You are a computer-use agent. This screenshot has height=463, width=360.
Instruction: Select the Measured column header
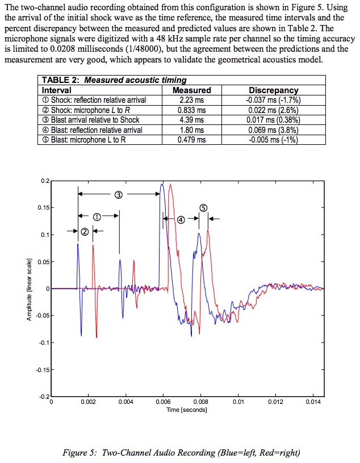point(191,90)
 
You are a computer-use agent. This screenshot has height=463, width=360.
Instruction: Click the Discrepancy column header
point(274,90)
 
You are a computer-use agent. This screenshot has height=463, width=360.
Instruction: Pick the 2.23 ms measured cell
point(191,99)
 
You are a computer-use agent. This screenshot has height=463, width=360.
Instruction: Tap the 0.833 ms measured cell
point(191,110)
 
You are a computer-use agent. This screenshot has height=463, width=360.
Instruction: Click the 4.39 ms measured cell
point(191,120)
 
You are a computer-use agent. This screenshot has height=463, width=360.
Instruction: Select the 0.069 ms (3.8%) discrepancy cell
point(274,130)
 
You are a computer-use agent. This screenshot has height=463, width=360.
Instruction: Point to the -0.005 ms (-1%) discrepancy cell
point(274,140)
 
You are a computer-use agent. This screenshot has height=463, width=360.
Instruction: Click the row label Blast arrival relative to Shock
point(91,120)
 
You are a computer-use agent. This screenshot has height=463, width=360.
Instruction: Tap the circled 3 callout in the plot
point(119,194)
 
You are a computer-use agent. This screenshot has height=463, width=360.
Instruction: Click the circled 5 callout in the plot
point(203,208)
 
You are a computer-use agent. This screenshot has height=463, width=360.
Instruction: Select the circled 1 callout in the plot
point(97,216)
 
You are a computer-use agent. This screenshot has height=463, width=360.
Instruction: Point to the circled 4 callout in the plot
point(181,219)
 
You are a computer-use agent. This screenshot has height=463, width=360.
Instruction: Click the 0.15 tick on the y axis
point(43,207)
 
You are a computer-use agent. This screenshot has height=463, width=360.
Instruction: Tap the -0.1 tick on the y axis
point(43,343)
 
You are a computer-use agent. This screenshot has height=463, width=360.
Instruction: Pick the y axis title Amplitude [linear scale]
point(29,289)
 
